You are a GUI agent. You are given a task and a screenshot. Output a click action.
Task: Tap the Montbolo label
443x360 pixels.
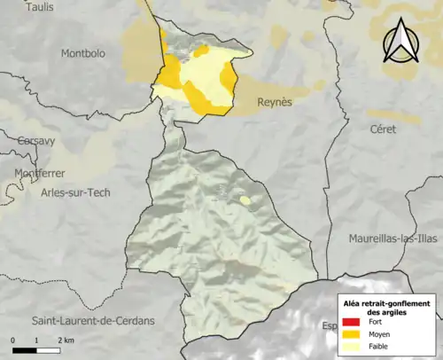pyautogui.click(x=82, y=54)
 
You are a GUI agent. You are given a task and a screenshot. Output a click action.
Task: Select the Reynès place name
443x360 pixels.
pyautogui.click(x=274, y=102)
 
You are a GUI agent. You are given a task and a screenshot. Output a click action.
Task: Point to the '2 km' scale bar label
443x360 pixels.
pyautogui.click(x=65, y=340)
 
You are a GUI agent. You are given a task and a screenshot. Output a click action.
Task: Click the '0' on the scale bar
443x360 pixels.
pyautogui.click(x=13, y=340)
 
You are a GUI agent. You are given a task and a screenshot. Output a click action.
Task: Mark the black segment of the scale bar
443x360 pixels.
pyautogui.click(x=25, y=348)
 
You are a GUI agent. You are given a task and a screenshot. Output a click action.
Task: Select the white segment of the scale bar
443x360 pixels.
pyautogui.click(x=48, y=348)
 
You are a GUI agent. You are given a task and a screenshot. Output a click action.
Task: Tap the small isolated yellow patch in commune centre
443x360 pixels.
pyautogui.click(x=245, y=200)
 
